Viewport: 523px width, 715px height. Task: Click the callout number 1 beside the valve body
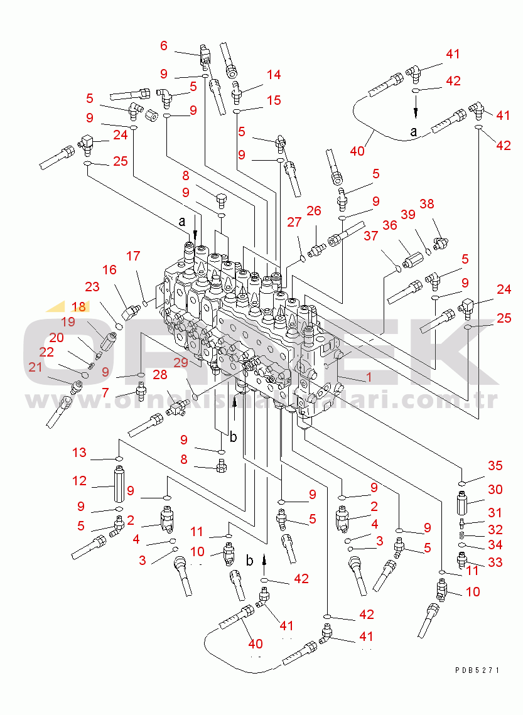click(x=369, y=377)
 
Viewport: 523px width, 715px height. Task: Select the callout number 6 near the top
click(x=164, y=45)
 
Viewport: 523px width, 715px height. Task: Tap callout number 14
click(x=273, y=75)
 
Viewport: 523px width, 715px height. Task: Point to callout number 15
click(x=273, y=100)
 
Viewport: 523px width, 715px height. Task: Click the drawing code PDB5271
click(x=478, y=670)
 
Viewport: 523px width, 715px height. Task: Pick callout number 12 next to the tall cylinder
click(x=79, y=481)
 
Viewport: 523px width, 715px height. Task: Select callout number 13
click(x=79, y=453)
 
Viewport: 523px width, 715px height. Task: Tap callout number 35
click(x=495, y=465)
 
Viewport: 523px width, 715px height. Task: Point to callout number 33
click(x=495, y=562)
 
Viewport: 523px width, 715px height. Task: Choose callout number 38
click(x=427, y=204)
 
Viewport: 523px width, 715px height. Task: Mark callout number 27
click(x=294, y=222)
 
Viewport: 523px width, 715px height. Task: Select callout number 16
click(x=110, y=270)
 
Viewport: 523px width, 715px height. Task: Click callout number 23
click(x=93, y=287)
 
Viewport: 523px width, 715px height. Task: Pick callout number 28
click(x=160, y=375)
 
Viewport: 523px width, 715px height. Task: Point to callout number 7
click(x=105, y=392)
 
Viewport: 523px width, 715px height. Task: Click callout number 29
click(x=181, y=363)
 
